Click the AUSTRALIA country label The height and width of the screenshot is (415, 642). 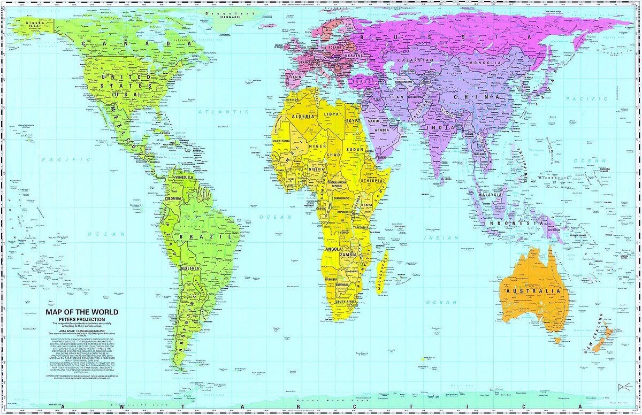[x=540, y=292]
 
